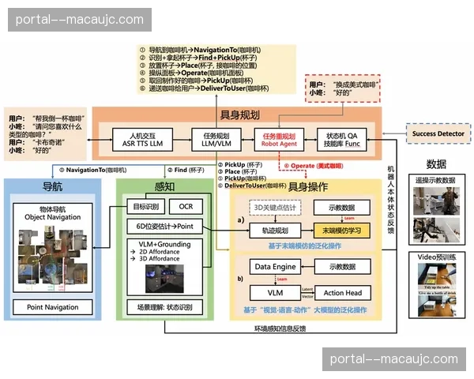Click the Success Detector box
438,133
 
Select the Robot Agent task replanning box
277,139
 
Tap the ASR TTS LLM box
141,139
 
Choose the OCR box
186,206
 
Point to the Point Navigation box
53,306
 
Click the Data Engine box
273,267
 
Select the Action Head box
342,293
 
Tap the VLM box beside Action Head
273,293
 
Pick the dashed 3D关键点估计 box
272,208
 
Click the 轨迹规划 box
272,231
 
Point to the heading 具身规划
241,115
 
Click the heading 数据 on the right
435,164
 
